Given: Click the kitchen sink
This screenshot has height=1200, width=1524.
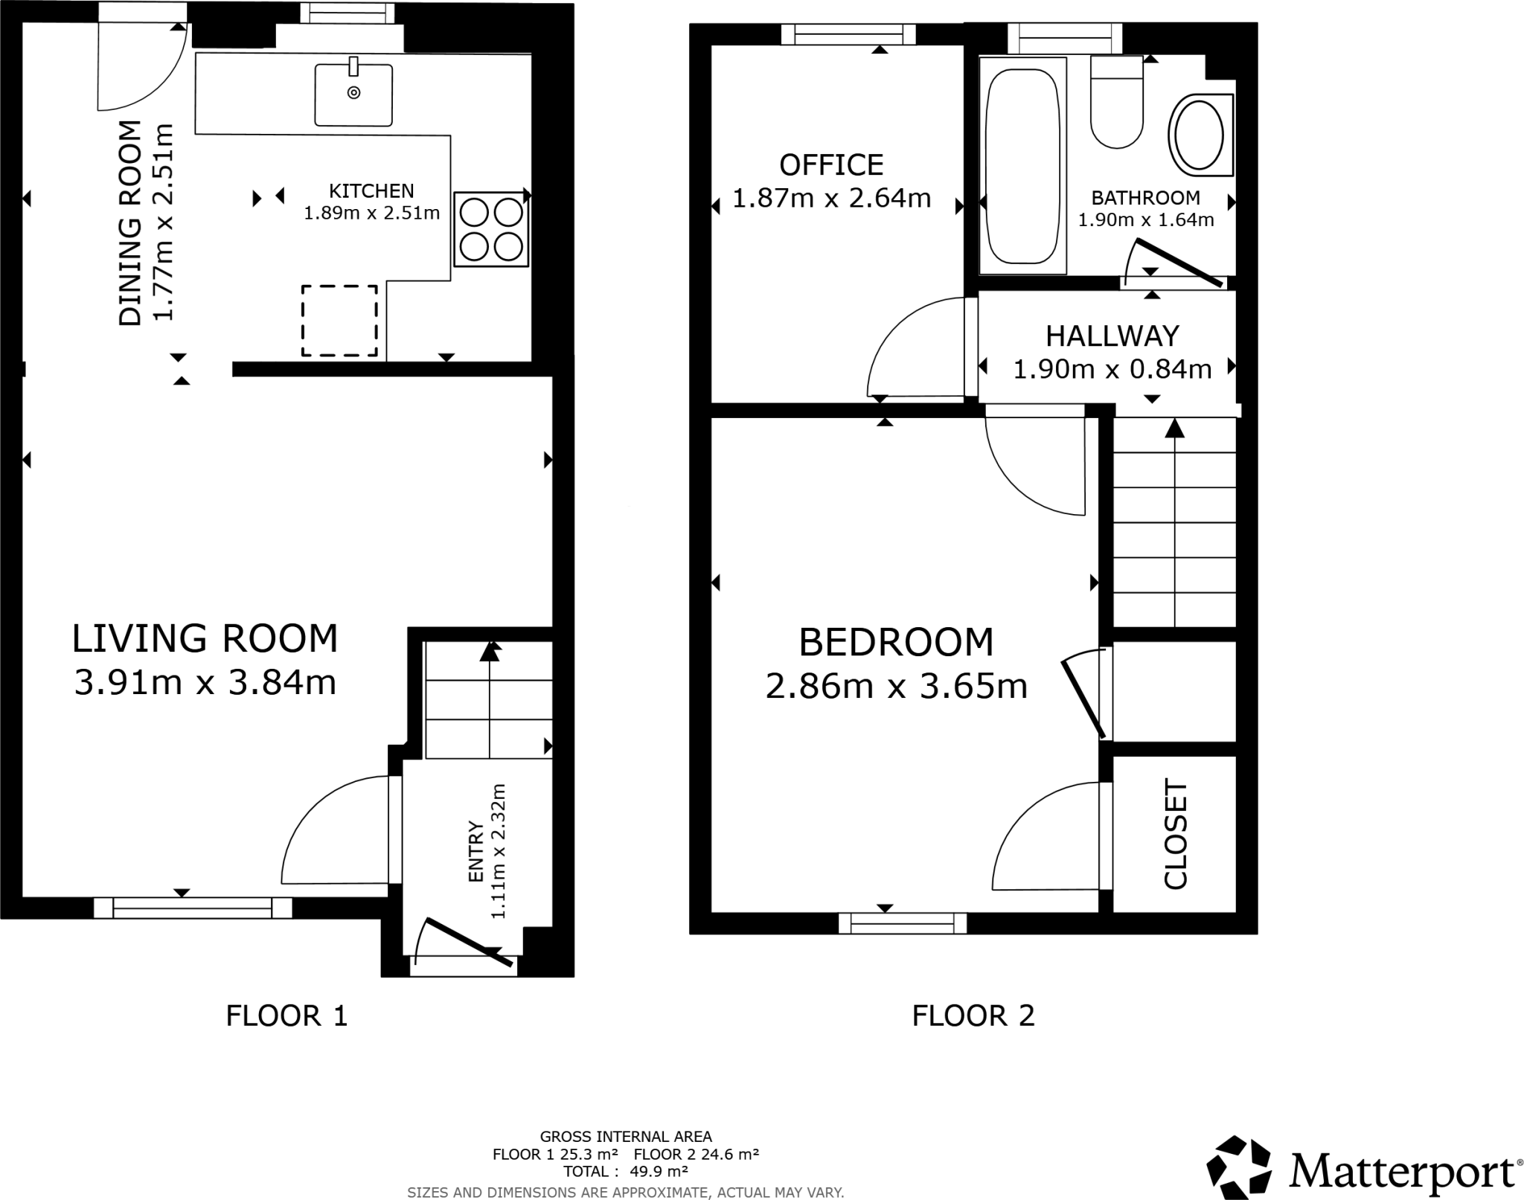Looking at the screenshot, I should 353,94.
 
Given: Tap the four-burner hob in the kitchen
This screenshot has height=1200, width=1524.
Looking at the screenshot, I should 491,229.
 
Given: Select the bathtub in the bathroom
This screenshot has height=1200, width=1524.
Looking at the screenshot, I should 1022,166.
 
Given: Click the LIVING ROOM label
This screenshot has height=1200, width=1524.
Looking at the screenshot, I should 205,638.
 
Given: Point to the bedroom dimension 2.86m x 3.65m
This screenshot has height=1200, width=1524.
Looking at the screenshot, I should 896,686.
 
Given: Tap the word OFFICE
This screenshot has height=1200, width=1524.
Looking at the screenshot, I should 831,164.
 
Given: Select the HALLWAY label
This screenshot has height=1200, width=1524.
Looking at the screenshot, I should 1112,336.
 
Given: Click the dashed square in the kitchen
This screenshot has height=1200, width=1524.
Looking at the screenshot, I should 339,321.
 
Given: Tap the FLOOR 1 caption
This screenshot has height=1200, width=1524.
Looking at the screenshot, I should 286,1015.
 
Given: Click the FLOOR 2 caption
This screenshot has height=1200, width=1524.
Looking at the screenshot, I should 973,1015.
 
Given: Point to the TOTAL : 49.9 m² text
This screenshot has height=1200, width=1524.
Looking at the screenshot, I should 625,1171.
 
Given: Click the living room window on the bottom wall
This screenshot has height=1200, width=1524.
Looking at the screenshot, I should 193,908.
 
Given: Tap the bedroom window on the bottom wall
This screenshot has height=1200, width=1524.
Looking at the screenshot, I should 902,923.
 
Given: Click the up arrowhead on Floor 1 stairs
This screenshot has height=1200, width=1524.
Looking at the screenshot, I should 489,652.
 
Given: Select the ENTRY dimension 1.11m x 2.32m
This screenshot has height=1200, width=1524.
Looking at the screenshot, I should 498,850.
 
